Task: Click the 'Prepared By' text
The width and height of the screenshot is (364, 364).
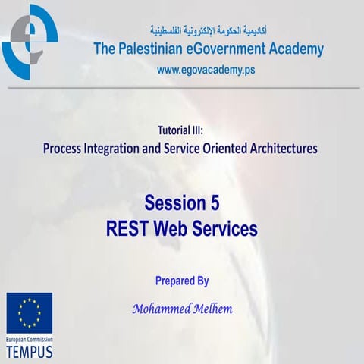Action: (x=181, y=281)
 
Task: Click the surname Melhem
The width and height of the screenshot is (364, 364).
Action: (x=209, y=309)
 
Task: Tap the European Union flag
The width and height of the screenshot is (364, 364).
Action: (x=30, y=312)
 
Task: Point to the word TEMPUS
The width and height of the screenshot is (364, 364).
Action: (x=30, y=353)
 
